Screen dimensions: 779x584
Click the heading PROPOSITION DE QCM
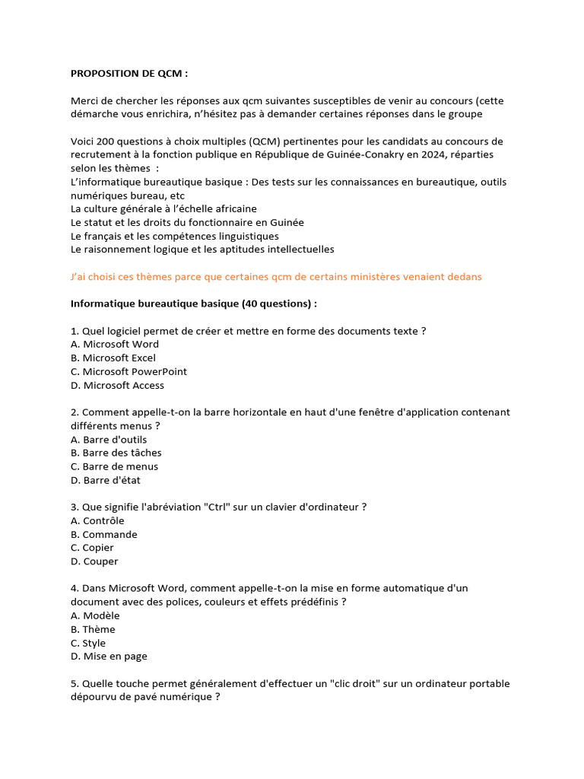pyautogui.click(x=129, y=74)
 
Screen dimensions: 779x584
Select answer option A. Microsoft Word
pyautogui.click(x=115, y=344)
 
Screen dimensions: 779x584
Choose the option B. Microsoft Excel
pyautogui.click(x=113, y=358)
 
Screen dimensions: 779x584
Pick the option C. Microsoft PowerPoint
pyautogui.click(x=129, y=371)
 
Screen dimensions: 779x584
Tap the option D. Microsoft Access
pyautogui.click(x=117, y=385)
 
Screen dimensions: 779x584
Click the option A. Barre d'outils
pyautogui.click(x=109, y=439)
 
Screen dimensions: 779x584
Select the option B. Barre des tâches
pyautogui.click(x=116, y=453)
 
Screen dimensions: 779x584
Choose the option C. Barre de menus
pyautogui.click(x=115, y=466)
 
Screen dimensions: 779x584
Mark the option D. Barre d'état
pyautogui.click(x=106, y=480)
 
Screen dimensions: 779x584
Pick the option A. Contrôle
pyautogui.click(x=97, y=520)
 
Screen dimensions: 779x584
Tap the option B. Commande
pyautogui.click(x=104, y=534)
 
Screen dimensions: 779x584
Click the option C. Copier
pyautogui.click(x=93, y=548)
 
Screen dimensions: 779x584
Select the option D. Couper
pyautogui.click(x=95, y=561)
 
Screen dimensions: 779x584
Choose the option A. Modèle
pyautogui.click(x=95, y=615)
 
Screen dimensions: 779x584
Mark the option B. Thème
pyautogui.click(x=94, y=629)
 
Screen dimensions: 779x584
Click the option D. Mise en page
pyautogui.click(x=109, y=656)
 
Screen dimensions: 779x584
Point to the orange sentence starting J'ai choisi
pyautogui.click(x=276, y=277)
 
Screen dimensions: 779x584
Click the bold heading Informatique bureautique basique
pyautogui.click(x=194, y=304)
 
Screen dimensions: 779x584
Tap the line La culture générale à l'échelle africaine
pyautogui.click(x=163, y=208)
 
